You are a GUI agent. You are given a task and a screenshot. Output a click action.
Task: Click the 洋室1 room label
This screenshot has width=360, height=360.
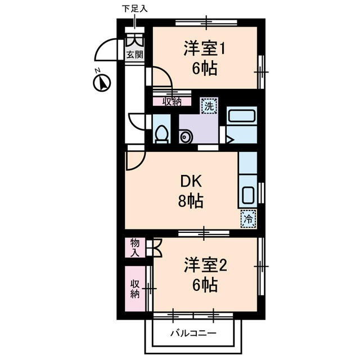pos(204,49)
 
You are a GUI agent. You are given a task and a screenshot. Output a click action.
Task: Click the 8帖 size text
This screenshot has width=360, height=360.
pos(191,200)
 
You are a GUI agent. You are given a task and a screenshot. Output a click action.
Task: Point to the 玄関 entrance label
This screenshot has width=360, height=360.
pos(134,55)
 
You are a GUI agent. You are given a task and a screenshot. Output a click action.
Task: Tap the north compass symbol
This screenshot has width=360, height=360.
pos(101,83)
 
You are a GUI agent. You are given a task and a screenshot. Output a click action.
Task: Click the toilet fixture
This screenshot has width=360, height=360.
pos(161,134)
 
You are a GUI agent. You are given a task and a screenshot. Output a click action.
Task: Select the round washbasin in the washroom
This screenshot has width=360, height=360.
pos(186,136)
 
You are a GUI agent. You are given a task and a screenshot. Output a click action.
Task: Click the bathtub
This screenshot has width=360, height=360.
pos(242,116)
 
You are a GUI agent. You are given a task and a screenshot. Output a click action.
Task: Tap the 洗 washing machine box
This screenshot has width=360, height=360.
pos(209,105)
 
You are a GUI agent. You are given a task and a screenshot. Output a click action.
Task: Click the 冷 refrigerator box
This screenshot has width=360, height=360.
pos(248,218)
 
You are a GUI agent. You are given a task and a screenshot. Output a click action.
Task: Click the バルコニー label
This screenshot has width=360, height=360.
pos(193,334)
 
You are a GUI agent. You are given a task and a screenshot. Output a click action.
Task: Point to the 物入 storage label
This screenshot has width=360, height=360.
pos(135,247)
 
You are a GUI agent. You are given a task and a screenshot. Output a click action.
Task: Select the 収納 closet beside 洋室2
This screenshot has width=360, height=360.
pos(135,289)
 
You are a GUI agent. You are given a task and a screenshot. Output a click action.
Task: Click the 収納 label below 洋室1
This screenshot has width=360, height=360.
pos(173,101)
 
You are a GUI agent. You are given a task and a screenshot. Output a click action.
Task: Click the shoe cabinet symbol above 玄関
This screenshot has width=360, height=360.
pos(134,40)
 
